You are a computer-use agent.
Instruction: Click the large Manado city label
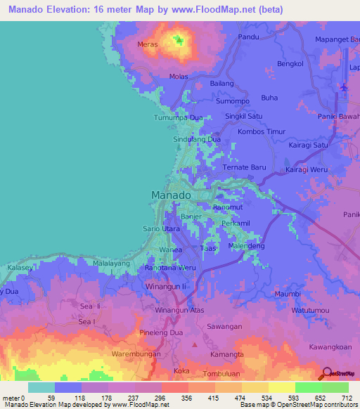172,195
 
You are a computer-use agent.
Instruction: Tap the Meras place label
147,44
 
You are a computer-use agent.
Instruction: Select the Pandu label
249,36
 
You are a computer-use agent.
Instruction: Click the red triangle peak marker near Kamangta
195,344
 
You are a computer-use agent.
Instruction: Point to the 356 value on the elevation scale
188,398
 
